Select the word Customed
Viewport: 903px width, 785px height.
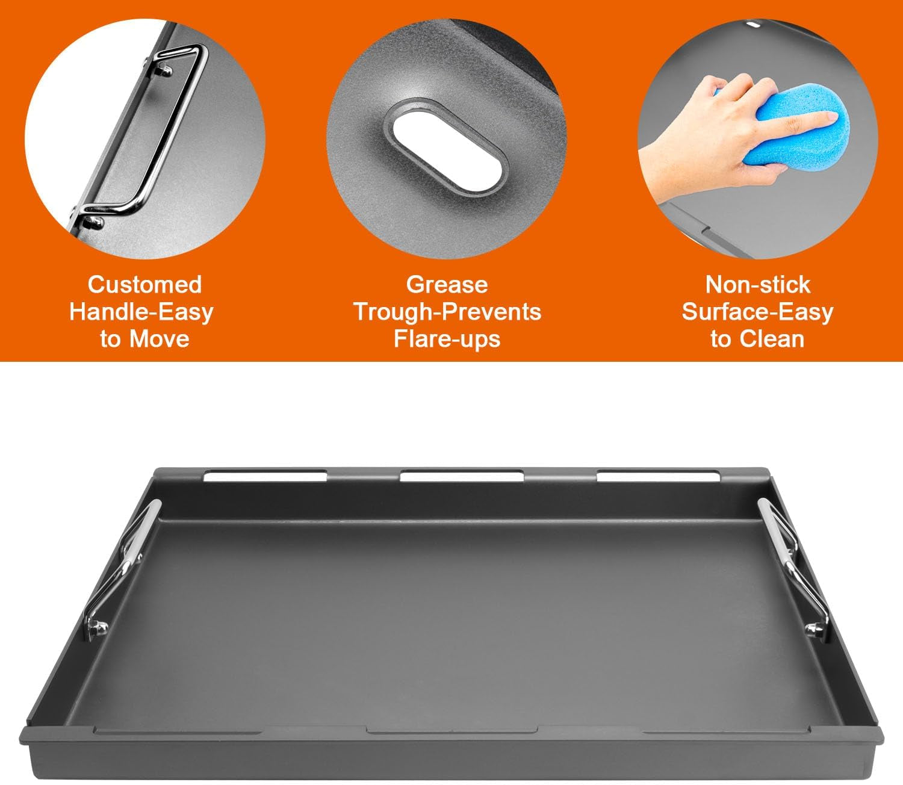click(x=144, y=284)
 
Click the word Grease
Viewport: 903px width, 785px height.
click(x=447, y=284)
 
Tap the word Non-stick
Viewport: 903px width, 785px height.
click(x=757, y=284)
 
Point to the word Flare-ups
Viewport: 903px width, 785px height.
click(x=447, y=339)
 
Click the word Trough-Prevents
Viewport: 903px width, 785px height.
click(x=447, y=312)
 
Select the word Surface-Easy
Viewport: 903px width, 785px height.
click(x=757, y=312)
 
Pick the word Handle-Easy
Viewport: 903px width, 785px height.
click(x=141, y=312)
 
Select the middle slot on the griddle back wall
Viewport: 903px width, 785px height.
click(x=461, y=477)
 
